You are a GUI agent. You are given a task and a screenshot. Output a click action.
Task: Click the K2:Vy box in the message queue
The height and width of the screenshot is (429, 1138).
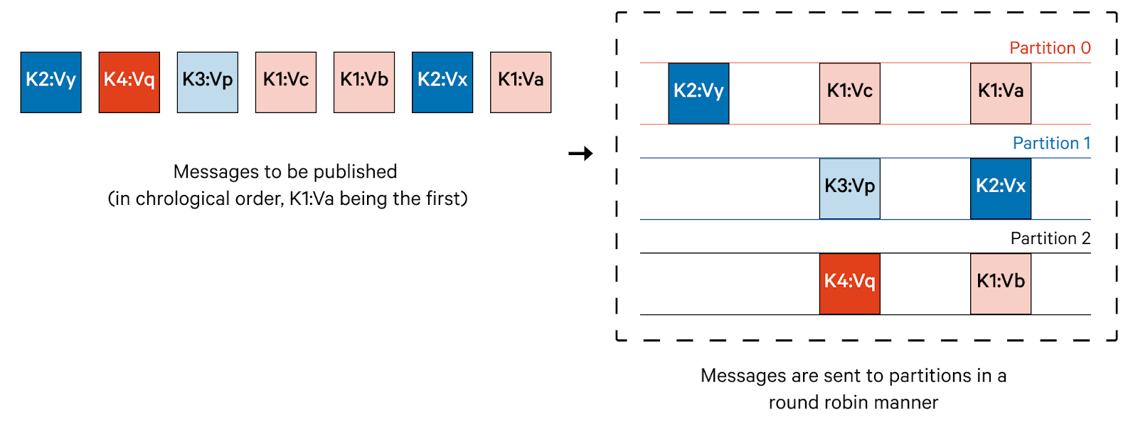click(50, 82)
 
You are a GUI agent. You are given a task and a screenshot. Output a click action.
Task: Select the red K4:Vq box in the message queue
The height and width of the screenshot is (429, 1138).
click(129, 82)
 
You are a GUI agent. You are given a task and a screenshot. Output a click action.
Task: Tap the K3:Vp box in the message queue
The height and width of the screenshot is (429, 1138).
click(207, 82)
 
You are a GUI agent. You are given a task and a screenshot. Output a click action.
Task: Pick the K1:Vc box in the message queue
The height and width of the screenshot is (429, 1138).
click(285, 82)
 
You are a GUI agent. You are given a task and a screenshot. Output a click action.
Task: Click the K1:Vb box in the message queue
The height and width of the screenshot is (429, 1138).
click(363, 82)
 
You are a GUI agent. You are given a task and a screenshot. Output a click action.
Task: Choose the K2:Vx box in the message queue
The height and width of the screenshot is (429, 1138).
click(442, 82)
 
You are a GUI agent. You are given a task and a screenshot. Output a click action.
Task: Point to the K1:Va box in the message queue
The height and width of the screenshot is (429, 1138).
click(520, 82)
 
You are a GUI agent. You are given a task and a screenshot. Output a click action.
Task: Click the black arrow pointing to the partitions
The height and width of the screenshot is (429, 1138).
click(580, 153)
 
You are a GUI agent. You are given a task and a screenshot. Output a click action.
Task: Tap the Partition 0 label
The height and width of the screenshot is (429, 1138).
click(1050, 48)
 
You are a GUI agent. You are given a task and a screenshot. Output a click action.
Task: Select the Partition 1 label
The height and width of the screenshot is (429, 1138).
click(1051, 144)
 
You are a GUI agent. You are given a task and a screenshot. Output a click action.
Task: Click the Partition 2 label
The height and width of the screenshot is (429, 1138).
click(1050, 238)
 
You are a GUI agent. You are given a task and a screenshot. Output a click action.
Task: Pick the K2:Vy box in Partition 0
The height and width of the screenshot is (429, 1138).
click(698, 93)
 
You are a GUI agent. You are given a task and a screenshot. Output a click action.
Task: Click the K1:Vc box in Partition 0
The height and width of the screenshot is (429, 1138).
click(849, 93)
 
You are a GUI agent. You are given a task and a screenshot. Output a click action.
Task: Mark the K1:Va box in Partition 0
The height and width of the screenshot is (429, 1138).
click(1000, 93)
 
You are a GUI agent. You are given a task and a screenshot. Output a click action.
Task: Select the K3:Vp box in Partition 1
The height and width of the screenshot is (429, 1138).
click(849, 189)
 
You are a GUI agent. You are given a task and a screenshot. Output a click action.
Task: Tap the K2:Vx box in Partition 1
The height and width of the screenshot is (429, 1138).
click(1000, 189)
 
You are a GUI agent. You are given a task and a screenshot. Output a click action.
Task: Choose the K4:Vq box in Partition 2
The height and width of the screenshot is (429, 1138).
click(849, 283)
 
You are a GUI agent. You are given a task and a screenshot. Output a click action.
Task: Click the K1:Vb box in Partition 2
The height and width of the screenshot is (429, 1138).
click(1000, 283)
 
